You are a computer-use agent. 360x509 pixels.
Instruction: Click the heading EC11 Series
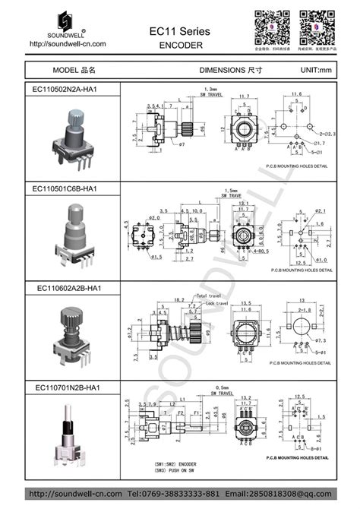(x=179, y=30)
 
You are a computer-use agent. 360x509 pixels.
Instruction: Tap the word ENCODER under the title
(x=180, y=45)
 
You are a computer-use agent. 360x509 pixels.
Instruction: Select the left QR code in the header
(x=269, y=27)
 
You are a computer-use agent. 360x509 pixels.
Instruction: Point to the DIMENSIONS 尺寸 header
(x=231, y=69)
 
